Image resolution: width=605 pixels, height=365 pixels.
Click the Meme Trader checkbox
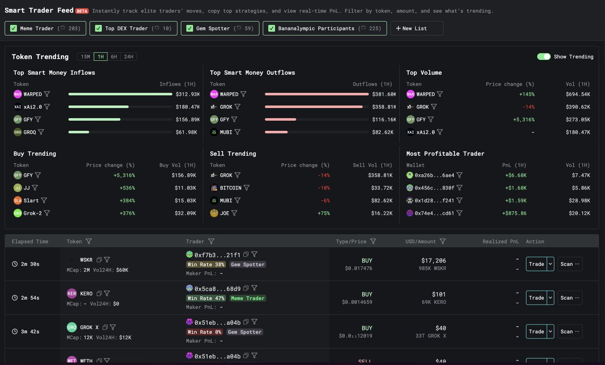click(x=14, y=29)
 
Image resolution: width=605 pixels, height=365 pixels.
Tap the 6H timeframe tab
click(x=114, y=57)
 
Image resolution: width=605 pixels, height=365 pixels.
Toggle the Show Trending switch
click(x=543, y=57)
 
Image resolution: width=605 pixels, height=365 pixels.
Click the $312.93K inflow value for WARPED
click(x=188, y=94)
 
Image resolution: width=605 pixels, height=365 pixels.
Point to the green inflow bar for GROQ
click(x=79, y=132)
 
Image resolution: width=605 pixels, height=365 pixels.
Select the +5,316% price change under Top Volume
click(x=524, y=120)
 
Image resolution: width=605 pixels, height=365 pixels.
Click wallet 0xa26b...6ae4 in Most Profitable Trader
click(x=434, y=175)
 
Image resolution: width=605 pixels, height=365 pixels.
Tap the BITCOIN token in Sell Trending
click(x=230, y=188)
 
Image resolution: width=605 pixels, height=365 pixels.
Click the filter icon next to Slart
click(x=44, y=200)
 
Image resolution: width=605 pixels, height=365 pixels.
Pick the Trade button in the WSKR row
click(x=536, y=264)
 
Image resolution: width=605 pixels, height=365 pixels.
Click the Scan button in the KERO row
click(x=570, y=298)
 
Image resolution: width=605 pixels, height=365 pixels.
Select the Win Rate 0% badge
click(x=205, y=332)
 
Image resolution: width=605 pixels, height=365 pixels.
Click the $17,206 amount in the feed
click(x=433, y=260)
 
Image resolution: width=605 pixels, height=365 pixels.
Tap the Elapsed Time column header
click(x=30, y=242)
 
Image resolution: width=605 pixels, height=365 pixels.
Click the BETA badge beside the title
click(x=82, y=11)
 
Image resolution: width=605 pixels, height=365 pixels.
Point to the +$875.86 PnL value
click(x=514, y=213)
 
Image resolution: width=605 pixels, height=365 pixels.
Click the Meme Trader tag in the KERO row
click(x=248, y=298)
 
